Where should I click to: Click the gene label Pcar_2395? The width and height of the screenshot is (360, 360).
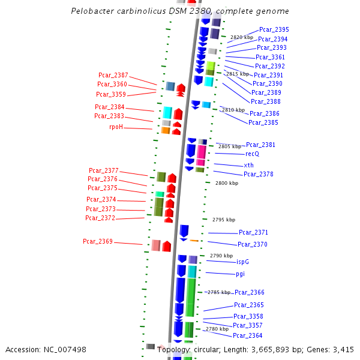(x=274, y=29)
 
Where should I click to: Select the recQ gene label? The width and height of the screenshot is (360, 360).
(x=252, y=154)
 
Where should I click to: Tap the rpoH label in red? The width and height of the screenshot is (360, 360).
(x=116, y=127)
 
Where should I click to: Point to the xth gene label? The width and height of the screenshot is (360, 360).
(x=248, y=165)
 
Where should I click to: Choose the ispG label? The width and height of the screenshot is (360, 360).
(x=242, y=262)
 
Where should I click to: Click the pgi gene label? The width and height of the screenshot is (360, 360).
(x=240, y=274)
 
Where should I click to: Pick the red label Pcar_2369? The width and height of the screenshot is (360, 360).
(x=98, y=241)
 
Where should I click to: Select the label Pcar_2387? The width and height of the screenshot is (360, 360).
(x=113, y=75)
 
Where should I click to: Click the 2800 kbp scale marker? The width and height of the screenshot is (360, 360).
(x=227, y=183)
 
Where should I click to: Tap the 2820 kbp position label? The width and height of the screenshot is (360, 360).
(x=242, y=37)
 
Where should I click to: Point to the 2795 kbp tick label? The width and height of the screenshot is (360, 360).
(x=224, y=220)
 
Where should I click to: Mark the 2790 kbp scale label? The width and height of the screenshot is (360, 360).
(x=221, y=256)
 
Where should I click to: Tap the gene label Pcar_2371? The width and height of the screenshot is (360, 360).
(x=253, y=232)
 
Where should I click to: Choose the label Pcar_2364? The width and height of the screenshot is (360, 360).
(x=248, y=335)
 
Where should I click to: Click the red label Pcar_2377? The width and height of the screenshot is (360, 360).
(x=104, y=170)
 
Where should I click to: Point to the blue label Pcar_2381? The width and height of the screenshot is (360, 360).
(x=260, y=145)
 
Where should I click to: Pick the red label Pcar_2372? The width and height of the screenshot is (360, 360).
(x=100, y=218)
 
